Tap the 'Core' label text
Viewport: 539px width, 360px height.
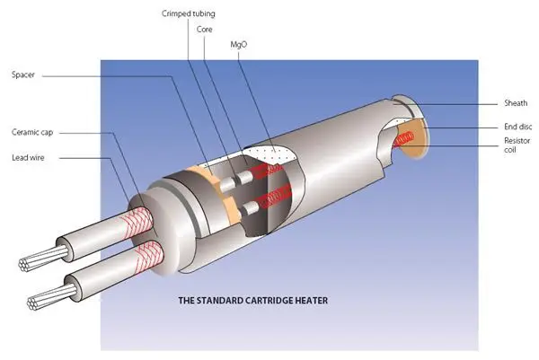(205, 30)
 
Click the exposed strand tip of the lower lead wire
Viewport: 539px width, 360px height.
(41, 301)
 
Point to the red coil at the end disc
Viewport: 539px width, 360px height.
(406, 140)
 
